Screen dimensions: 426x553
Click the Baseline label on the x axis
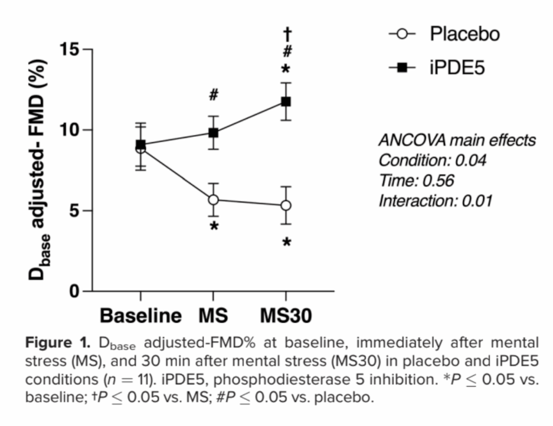(x=141, y=316)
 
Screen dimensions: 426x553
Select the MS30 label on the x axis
(x=286, y=316)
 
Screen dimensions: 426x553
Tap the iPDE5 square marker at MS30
(x=286, y=102)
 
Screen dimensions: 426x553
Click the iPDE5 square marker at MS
(x=213, y=133)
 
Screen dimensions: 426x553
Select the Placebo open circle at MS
(x=213, y=200)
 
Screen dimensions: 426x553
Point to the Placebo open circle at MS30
(x=286, y=205)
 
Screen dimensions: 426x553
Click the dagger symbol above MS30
(x=287, y=34)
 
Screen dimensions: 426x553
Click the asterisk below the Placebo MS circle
(x=214, y=227)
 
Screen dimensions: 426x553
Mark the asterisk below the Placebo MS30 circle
(x=287, y=243)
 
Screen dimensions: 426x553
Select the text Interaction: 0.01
(x=435, y=201)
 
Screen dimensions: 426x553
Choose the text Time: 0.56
(x=416, y=181)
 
